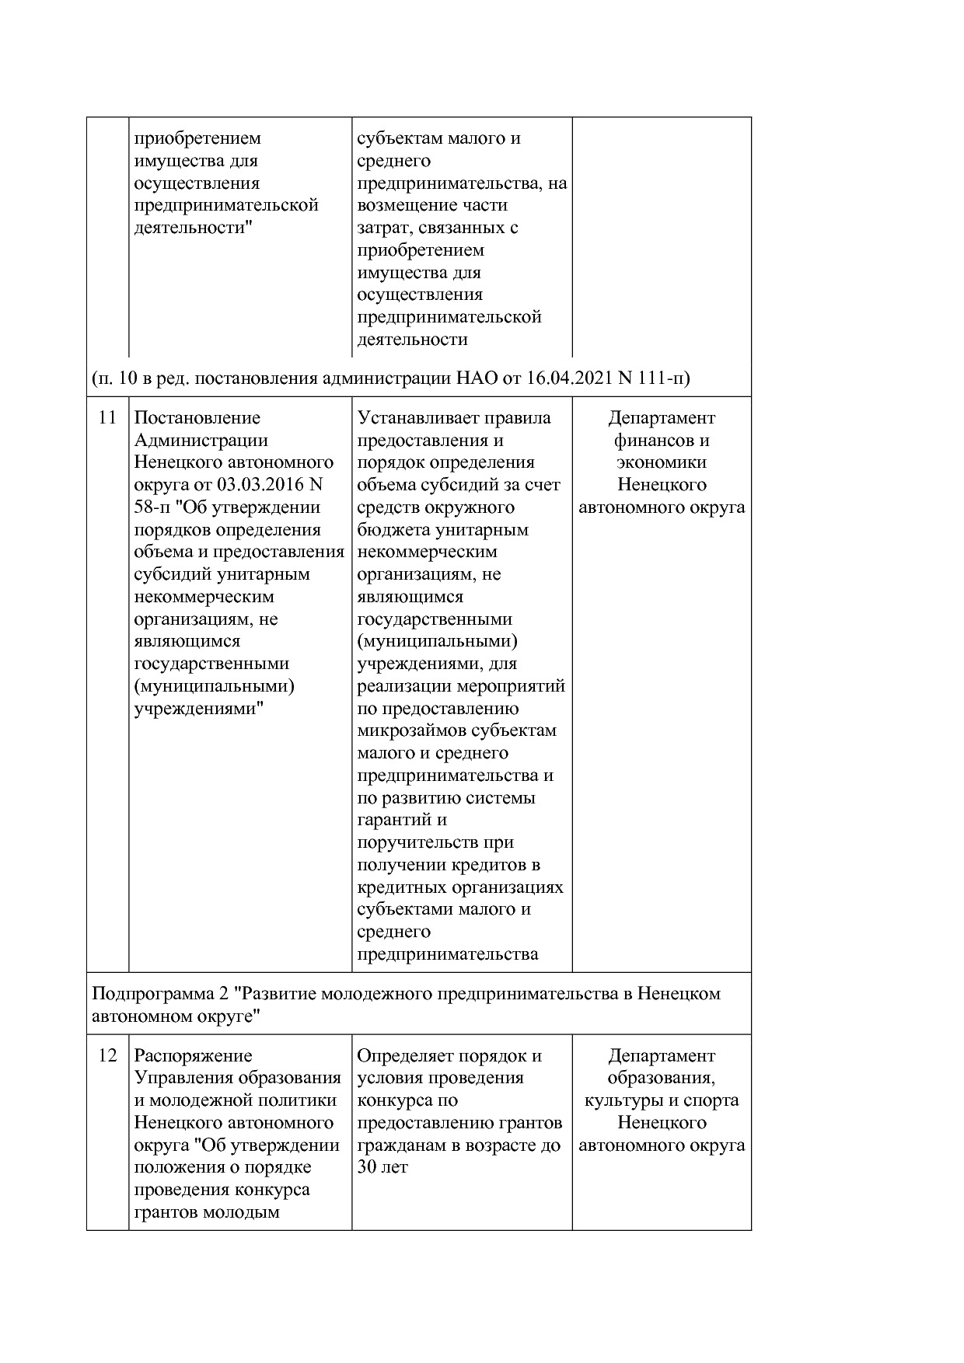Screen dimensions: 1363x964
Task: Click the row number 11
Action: coord(107,418)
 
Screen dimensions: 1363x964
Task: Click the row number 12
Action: coord(107,1056)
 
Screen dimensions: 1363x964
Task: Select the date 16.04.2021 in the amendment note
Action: coord(568,378)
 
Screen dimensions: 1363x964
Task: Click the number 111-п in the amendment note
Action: coord(662,378)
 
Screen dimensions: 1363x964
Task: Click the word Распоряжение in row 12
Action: coord(193,1056)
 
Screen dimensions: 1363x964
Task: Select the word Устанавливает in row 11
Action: coord(418,418)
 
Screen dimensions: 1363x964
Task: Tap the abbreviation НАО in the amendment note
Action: coord(475,378)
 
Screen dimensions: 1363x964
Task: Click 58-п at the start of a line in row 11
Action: coord(151,507)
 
